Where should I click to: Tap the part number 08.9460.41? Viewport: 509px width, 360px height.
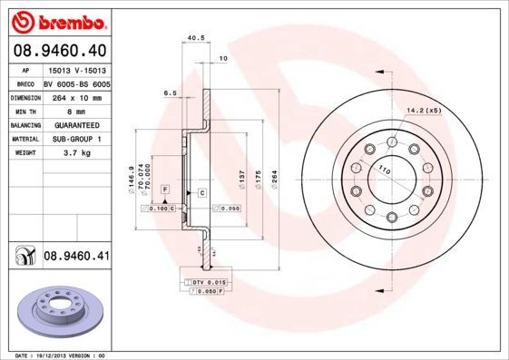click(76, 257)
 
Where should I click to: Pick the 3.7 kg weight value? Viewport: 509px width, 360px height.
click(77, 153)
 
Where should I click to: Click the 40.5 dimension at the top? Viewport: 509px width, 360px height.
click(193, 38)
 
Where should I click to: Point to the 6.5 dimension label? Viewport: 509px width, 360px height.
click(170, 93)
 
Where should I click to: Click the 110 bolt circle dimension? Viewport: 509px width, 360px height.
click(384, 170)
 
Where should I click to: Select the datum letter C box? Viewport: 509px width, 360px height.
click(201, 193)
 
